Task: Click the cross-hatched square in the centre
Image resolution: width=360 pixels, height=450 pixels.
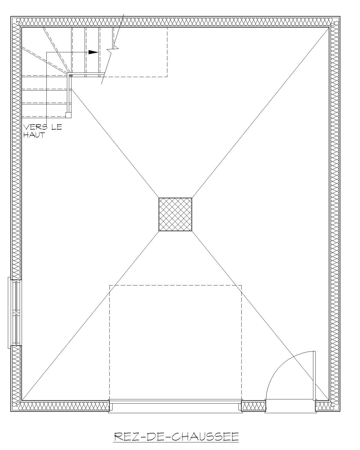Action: pos(175,214)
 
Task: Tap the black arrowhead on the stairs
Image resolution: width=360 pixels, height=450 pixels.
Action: pos(93,52)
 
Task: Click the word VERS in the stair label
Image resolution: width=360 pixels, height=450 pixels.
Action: pos(35,127)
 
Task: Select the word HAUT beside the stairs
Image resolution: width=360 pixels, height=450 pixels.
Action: pos(34,135)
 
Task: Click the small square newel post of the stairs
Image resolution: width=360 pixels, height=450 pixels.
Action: pos(68,115)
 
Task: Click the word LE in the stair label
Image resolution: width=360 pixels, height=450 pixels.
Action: pos(57,127)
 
